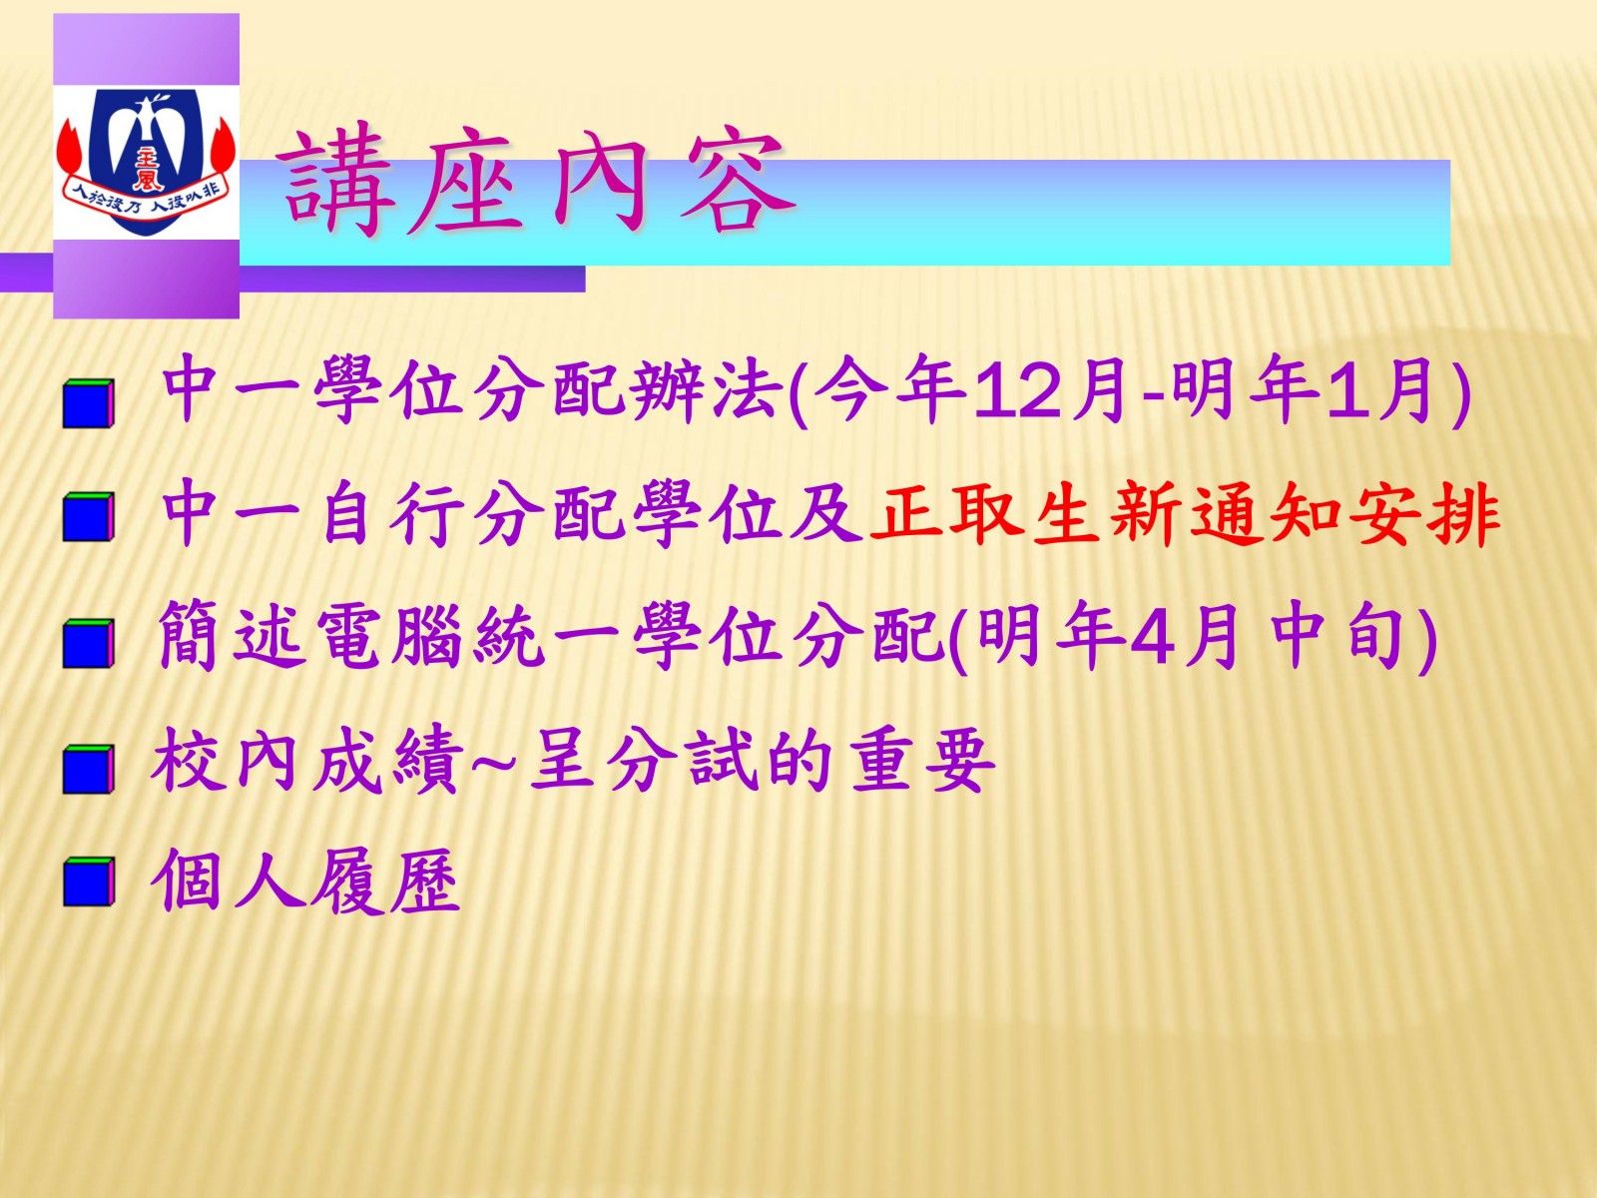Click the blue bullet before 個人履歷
[x=88, y=882]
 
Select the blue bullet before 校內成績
[x=88, y=768]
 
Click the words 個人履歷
[x=305, y=881]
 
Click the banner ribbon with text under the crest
[x=147, y=195]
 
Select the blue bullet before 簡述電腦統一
[x=88, y=643]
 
